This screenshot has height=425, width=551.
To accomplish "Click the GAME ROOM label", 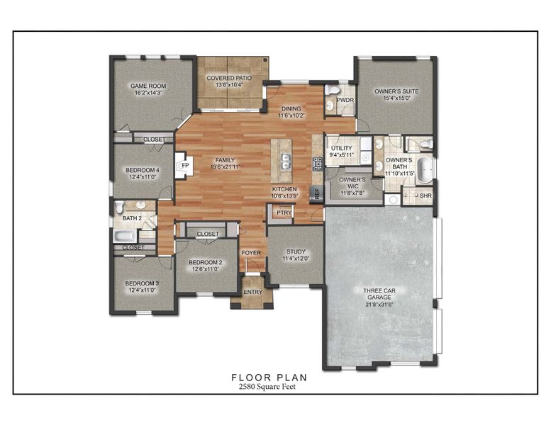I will (148, 86).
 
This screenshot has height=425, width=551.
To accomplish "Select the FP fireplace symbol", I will (184, 166).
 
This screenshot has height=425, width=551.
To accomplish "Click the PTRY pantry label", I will (284, 212).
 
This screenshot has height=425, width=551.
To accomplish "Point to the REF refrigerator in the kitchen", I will (317, 193).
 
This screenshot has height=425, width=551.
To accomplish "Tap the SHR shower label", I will (425, 195).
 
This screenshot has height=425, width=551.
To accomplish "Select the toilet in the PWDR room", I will (331, 91).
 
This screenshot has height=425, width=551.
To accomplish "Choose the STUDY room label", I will (296, 251).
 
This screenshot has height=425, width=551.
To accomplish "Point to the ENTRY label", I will (251, 292).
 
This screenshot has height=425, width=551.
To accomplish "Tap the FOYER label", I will (251, 252).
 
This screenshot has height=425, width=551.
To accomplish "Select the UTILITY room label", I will (342, 148).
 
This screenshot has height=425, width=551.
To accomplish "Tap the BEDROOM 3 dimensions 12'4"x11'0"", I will (143, 290).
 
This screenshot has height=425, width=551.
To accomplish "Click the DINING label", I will (291, 108).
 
